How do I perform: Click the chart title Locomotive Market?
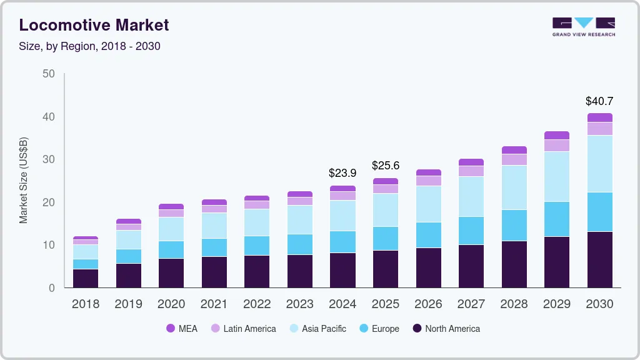coord(94,25)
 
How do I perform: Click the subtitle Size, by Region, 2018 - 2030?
coord(90,46)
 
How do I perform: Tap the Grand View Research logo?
coord(583,26)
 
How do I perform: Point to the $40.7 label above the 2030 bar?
coord(599,101)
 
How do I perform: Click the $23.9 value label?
coord(342,173)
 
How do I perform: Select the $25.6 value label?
coord(386,166)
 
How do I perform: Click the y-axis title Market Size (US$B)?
coord(23,181)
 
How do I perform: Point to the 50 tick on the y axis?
coord(49,74)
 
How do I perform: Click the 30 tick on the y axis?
coord(49,159)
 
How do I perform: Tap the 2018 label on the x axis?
coord(85,304)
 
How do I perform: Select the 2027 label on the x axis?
coord(471,304)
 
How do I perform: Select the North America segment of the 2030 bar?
coord(599,259)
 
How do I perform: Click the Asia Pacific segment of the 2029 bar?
coord(557,176)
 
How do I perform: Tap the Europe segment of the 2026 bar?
coord(428,235)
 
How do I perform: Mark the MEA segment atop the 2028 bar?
coord(514,150)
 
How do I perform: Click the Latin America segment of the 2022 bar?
coord(257,204)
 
